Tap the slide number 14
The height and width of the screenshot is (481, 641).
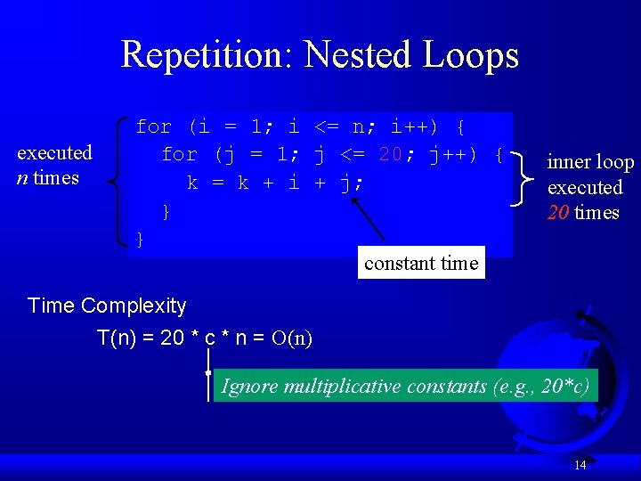[x=580, y=465]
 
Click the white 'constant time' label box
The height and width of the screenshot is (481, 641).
[x=421, y=263]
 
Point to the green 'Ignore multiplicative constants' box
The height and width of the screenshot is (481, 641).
[x=405, y=386]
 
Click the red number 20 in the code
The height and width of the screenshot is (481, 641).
[x=390, y=155]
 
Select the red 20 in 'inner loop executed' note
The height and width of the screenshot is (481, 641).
[x=558, y=213]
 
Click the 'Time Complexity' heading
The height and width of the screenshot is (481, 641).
[x=107, y=306]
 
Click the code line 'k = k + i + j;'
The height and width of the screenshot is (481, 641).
[x=276, y=183]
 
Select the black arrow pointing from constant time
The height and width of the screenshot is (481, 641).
[x=369, y=219]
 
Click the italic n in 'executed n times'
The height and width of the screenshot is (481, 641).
[x=22, y=177]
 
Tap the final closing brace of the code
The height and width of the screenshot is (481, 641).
[x=140, y=239]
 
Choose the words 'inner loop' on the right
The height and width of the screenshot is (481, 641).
[x=590, y=162]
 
